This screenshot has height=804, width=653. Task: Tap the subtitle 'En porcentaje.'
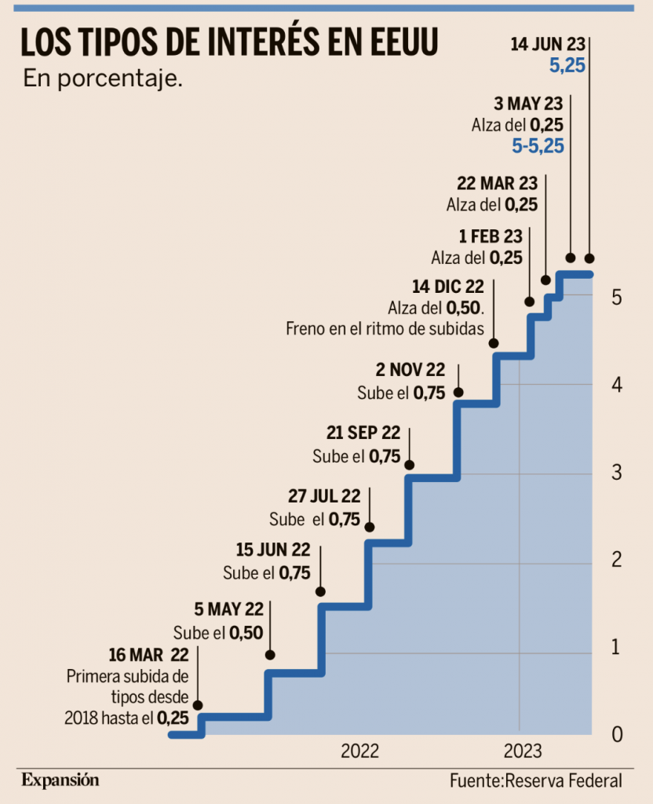click(x=103, y=79)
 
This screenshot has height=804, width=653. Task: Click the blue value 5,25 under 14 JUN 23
click(x=567, y=67)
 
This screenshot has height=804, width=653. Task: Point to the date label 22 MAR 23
click(x=497, y=184)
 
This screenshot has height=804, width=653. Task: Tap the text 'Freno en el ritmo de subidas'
click(x=385, y=328)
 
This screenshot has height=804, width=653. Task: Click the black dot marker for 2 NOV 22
click(x=458, y=392)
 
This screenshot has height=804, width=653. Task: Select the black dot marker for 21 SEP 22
click(x=409, y=465)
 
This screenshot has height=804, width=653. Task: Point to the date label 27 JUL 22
click(x=324, y=496)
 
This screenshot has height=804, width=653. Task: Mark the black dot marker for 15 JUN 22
click(x=319, y=591)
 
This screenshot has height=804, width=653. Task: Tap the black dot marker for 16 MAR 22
click(x=197, y=705)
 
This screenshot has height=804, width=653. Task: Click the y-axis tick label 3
click(x=617, y=473)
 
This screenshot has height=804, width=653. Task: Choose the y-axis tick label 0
click(x=617, y=735)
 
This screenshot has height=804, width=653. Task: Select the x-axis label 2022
click(x=359, y=751)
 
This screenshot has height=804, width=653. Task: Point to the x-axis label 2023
click(x=522, y=751)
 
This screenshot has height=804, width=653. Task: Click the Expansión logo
click(x=60, y=780)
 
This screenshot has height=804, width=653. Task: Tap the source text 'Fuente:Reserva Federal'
click(x=536, y=780)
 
